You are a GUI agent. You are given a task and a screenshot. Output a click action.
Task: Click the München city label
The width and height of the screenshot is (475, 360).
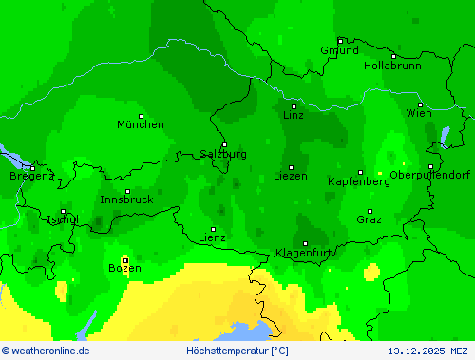click(140, 124)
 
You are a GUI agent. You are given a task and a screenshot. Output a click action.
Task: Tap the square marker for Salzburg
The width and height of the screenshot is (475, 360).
click(224, 144)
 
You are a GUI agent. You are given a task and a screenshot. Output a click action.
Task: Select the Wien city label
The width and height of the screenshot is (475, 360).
click(419, 113)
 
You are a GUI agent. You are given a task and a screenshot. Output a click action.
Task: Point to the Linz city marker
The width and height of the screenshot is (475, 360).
click(294, 106)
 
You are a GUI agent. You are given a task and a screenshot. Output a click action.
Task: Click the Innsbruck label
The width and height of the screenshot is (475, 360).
click(126, 199)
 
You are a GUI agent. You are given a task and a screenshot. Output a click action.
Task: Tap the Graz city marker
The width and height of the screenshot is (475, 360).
click(370, 211)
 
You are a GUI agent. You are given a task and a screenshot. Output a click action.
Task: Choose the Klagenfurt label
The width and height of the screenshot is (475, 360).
click(303, 253)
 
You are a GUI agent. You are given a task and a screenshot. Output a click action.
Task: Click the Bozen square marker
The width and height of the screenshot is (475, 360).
click(124, 259)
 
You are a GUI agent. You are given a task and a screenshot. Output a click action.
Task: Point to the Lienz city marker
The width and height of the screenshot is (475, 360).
click(213, 229)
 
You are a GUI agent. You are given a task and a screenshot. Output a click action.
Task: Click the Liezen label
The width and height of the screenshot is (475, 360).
click(291, 176)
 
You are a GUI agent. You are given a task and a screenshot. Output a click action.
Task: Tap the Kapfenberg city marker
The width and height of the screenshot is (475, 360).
click(360, 173)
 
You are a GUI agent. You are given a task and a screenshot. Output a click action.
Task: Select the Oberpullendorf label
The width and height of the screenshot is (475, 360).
click(430, 175)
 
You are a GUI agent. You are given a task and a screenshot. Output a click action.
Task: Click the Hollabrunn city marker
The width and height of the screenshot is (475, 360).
click(393, 57)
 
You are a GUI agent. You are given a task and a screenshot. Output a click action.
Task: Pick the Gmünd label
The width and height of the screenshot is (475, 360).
click(339, 50)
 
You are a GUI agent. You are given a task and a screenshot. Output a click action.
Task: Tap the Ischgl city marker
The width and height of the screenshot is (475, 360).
click(63, 211)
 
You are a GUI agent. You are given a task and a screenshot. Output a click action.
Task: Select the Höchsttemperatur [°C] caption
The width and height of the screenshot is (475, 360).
click(237, 351)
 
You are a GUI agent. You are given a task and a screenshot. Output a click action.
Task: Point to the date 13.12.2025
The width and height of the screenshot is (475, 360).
click(415, 351)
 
